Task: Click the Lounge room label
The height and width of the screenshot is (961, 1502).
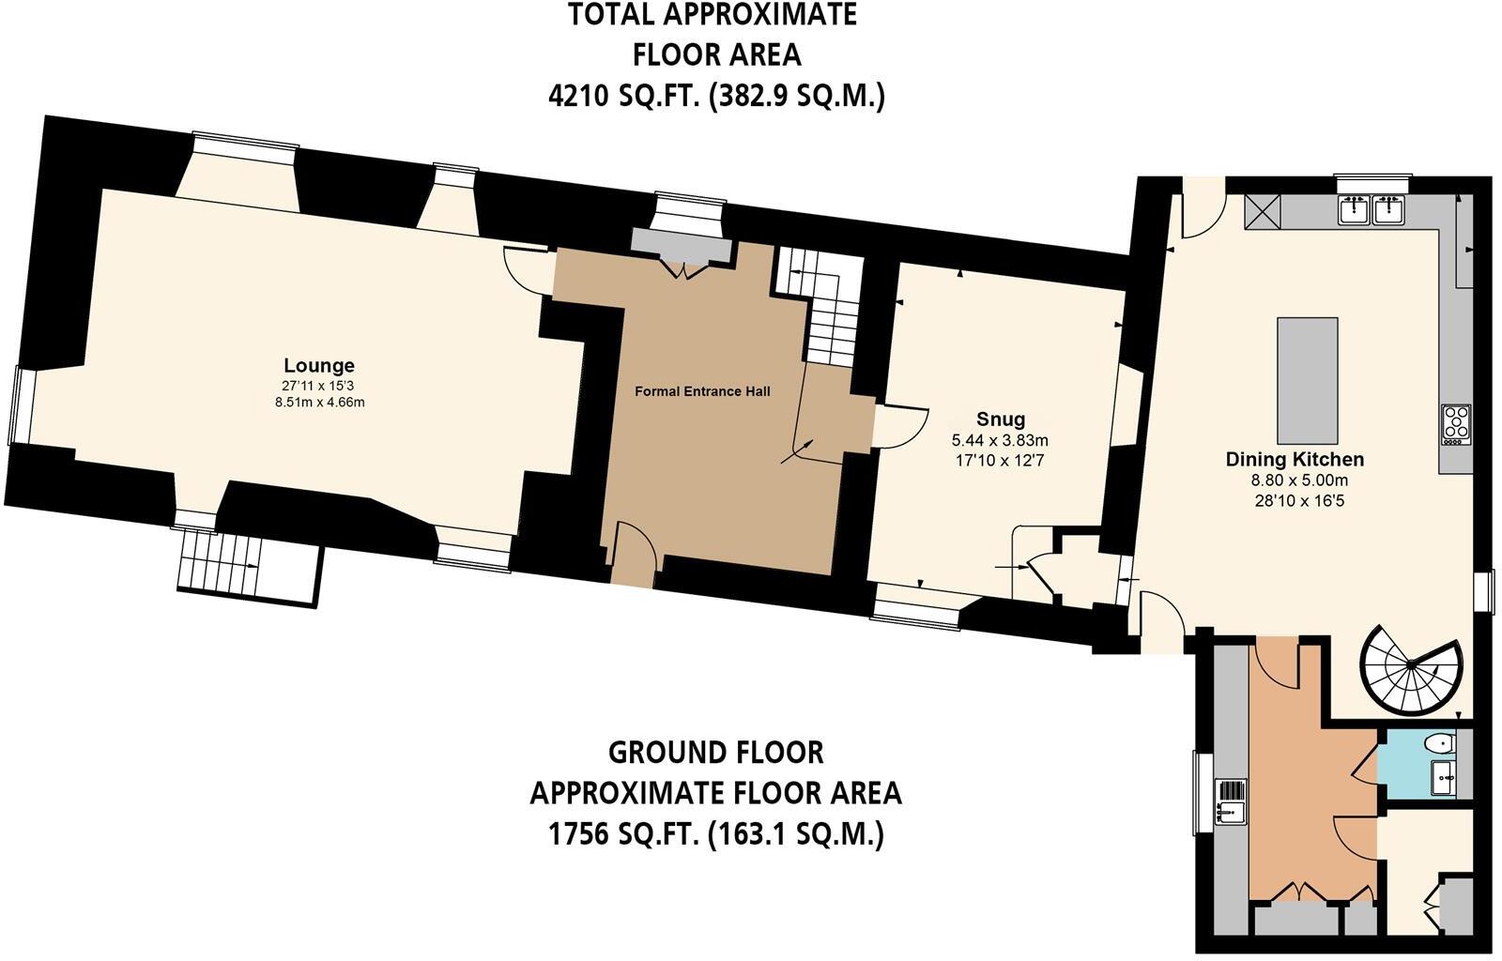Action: coord(319,365)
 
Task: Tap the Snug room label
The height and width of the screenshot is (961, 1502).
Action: coord(1001,419)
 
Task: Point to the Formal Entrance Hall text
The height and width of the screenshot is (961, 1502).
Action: coord(702,391)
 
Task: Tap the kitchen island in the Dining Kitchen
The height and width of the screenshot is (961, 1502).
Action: coord(1308,381)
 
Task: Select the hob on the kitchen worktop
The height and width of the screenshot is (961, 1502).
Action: coord(1456,424)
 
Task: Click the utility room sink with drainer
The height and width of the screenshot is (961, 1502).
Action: coord(1231,801)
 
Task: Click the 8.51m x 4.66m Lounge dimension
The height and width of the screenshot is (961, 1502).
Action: coord(320,403)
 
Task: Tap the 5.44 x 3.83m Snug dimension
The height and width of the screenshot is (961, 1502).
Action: coord(1000,441)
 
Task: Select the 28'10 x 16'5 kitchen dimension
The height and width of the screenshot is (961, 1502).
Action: coord(1299,500)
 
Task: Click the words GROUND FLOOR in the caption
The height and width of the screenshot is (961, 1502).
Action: coord(715,753)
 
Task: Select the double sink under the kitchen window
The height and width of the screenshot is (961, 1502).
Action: coord(1371,209)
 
